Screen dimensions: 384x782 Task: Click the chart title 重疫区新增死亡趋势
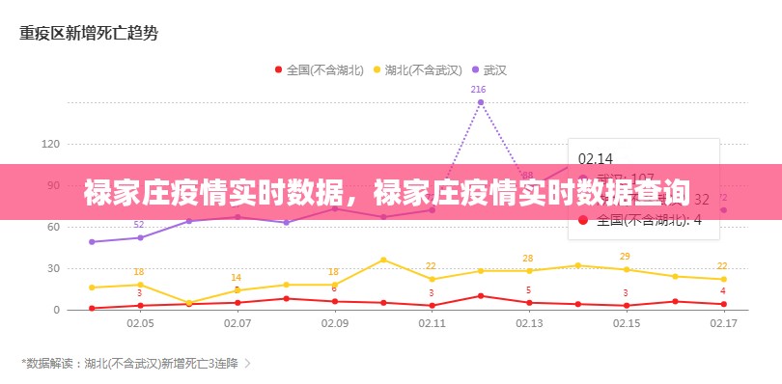point(89,33)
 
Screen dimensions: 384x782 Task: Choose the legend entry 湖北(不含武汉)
point(417,69)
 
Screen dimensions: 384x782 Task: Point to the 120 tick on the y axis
point(50,144)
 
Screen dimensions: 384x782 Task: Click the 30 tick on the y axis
point(53,268)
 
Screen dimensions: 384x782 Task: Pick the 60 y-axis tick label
point(53,227)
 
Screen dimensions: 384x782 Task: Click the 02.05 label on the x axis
point(140,324)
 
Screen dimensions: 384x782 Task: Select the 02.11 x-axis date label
point(432,324)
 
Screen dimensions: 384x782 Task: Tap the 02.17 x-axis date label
point(723,324)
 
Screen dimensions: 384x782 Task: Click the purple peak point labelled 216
point(480,102)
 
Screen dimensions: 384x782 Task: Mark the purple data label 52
point(139,225)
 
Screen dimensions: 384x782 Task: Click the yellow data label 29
point(625,256)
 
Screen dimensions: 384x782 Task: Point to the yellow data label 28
point(527,258)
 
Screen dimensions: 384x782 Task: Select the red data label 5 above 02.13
point(528,290)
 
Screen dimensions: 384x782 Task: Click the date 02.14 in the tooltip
point(595,158)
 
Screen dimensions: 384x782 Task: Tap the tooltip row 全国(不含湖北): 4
point(648,220)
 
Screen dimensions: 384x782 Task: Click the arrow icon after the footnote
point(248,364)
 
